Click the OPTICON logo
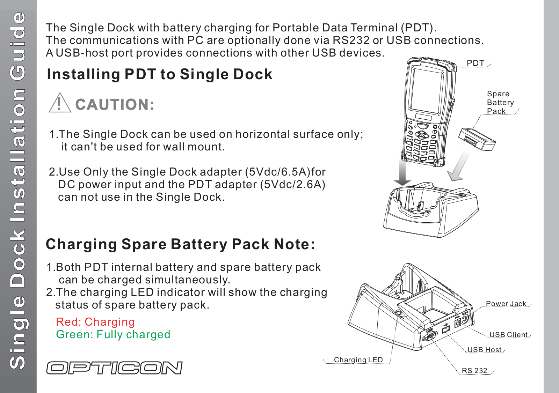[x=114, y=368]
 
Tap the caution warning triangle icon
[x=60, y=103]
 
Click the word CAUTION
[x=115, y=104]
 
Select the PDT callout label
[x=475, y=63]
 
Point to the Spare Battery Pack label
[x=500, y=102]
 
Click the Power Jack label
[x=506, y=304]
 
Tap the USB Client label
[x=509, y=334]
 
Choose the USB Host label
[x=484, y=350]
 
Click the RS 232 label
[x=474, y=371]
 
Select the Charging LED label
[x=358, y=359]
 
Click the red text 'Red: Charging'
[x=95, y=322]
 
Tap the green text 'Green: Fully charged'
[x=113, y=334]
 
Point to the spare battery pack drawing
[x=477, y=139]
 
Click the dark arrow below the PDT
[x=402, y=172]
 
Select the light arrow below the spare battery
[x=458, y=166]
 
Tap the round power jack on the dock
[x=465, y=318]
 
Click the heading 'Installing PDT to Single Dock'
[x=160, y=74]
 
